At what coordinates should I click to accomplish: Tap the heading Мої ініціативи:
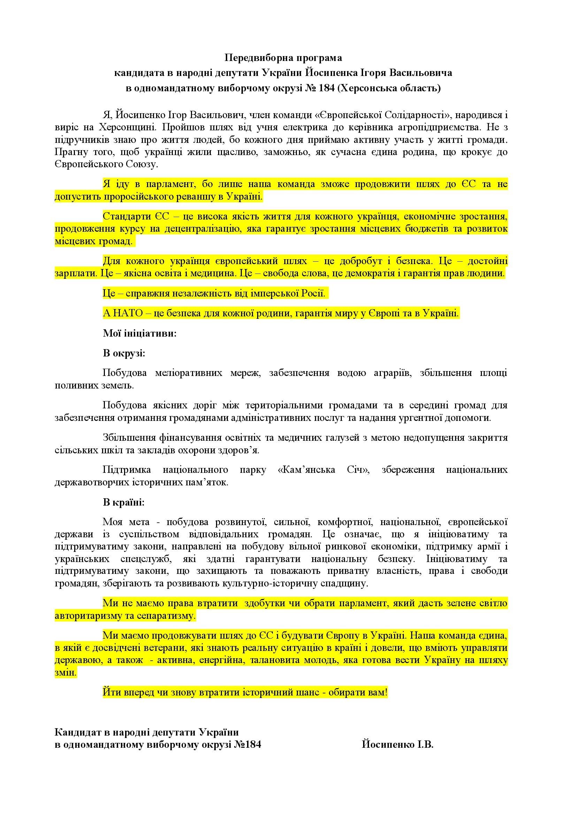(139, 334)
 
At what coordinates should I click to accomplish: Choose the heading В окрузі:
(124, 354)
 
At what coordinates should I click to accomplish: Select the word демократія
(378, 274)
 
